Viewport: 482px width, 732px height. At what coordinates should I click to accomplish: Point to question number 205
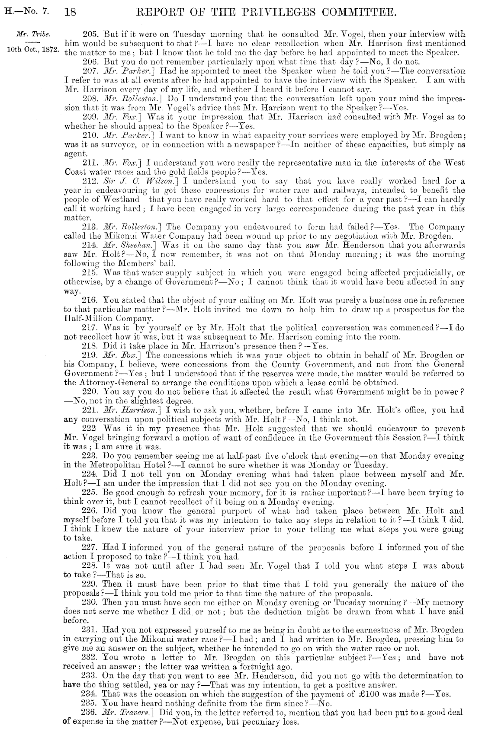pos(89,34)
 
